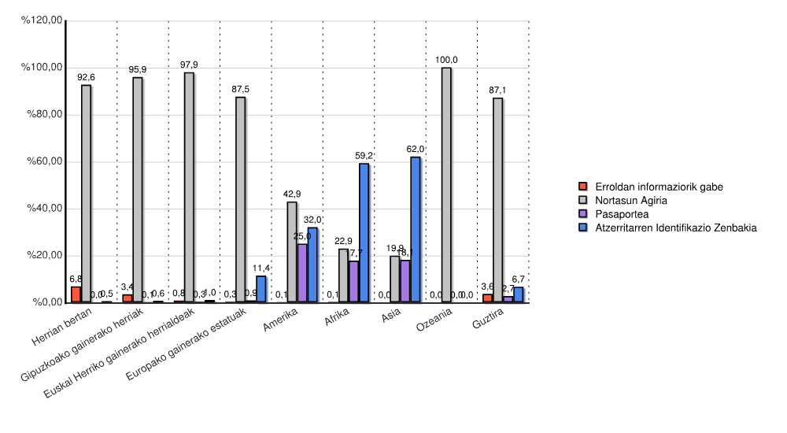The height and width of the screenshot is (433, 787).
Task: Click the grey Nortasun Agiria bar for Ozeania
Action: (x=446, y=185)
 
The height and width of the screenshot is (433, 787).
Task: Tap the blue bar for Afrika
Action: (x=364, y=233)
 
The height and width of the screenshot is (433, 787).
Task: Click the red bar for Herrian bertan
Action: (x=76, y=294)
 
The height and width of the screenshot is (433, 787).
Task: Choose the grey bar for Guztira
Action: (x=497, y=200)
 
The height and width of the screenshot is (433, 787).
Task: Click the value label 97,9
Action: (x=189, y=65)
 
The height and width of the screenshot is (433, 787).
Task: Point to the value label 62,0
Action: (x=416, y=149)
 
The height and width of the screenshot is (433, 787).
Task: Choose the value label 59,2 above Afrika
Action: (x=364, y=156)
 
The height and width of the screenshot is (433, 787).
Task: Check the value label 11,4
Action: (x=261, y=268)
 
